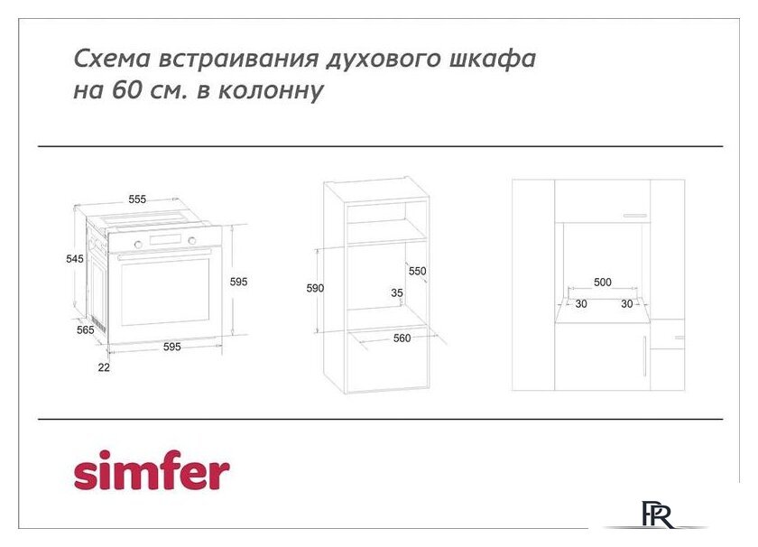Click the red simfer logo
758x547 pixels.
(x=152, y=470)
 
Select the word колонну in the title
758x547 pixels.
(x=278, y=91)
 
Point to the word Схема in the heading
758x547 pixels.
(x=112, y=60)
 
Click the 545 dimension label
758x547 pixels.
(x=75, y=259)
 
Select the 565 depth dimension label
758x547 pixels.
(x=86, y=330)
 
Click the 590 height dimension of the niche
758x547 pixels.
(x=315, y=288)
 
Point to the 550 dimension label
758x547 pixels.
(x=417, y=271)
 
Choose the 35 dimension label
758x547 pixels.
(x=397, y=292)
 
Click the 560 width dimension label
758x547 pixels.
(x=402, y=338)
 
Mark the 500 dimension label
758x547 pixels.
(x=603, y=283)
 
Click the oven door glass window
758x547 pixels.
(x=164, y=292)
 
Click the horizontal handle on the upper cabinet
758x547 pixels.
(x=635, y=216)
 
